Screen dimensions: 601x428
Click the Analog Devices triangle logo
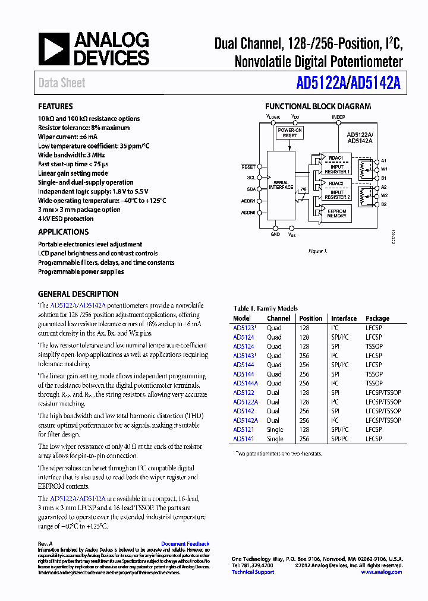54,49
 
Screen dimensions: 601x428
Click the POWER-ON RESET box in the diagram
289,132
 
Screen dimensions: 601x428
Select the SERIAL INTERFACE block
281,185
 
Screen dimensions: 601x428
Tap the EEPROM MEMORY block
336,213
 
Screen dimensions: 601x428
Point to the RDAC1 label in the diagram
336,158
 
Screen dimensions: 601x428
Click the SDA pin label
251,188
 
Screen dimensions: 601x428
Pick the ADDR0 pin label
248,212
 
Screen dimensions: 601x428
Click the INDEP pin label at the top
338,117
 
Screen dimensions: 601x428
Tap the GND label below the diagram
275,235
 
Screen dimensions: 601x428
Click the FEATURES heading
55,107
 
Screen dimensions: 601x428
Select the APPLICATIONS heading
63,232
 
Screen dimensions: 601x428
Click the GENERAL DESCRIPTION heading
78,294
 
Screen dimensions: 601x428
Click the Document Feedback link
185,544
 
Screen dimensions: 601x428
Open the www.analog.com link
381,572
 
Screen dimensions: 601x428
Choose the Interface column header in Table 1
344,318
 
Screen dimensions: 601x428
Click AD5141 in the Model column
243,439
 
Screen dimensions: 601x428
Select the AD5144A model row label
246,383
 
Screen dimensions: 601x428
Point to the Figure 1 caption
317,251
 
